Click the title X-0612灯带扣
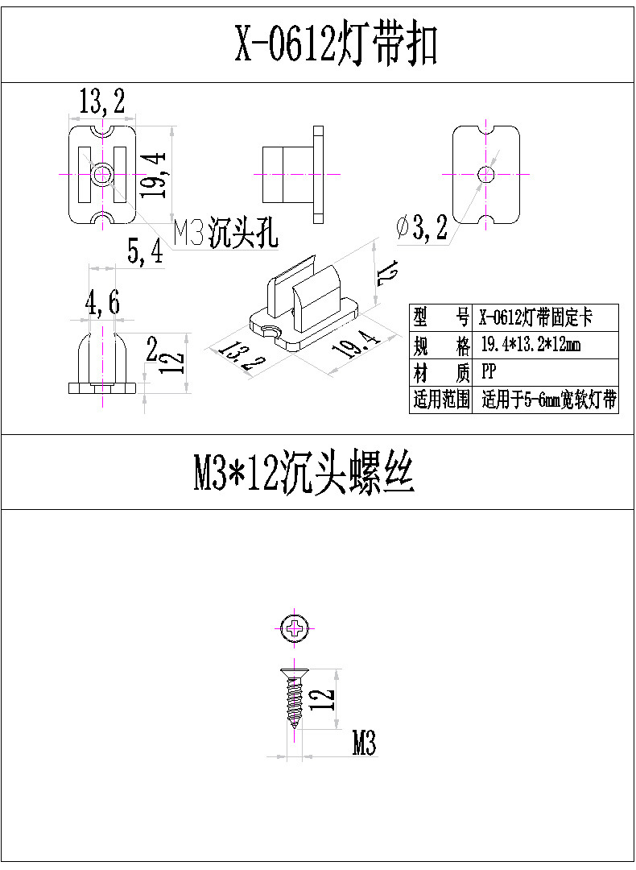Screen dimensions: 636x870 pyautogui.click(x=335, y=43)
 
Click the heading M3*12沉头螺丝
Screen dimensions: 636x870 pyautogui.click(x=304, y=473)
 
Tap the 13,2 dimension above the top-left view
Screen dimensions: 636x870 pyautogui.click(x=101, y=102)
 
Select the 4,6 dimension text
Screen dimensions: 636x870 pyautogui.click(x=103, y=304)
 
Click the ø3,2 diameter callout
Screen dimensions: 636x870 pyautogui.click(x=422, y=230)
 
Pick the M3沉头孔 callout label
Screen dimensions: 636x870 pyautogui.click(x=226, y=233)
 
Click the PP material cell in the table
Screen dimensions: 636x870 pyautogui.click(x=489, y=372)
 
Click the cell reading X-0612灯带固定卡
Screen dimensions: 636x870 pyautogui.click(x=535, y=317)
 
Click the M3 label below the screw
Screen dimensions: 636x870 pyautogui.click(x=364, y=745)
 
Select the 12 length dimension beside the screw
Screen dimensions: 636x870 pyautogui.click(x=322, y=698)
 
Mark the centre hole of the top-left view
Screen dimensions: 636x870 pyautogui.click(x=102, y=174)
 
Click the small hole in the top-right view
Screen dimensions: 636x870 pyautogui.click(x=485, y=174)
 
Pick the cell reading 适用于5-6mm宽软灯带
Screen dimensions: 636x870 pyautogui.click(x=549, y=400)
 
